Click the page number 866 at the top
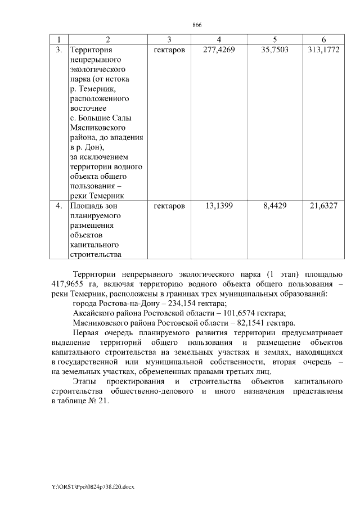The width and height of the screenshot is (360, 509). point(197,25)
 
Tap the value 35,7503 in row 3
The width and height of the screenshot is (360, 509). point(274,50)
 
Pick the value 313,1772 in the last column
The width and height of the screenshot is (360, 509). point(323,50)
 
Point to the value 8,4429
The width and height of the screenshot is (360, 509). point(274,206)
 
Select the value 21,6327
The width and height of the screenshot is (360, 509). point(323,206)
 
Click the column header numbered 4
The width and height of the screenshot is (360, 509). point(219,39)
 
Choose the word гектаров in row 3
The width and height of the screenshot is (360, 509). point(169,50)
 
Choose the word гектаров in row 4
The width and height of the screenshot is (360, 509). point(169,206)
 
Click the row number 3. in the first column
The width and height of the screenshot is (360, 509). point(59,50)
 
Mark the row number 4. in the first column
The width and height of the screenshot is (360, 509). point(59,206)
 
